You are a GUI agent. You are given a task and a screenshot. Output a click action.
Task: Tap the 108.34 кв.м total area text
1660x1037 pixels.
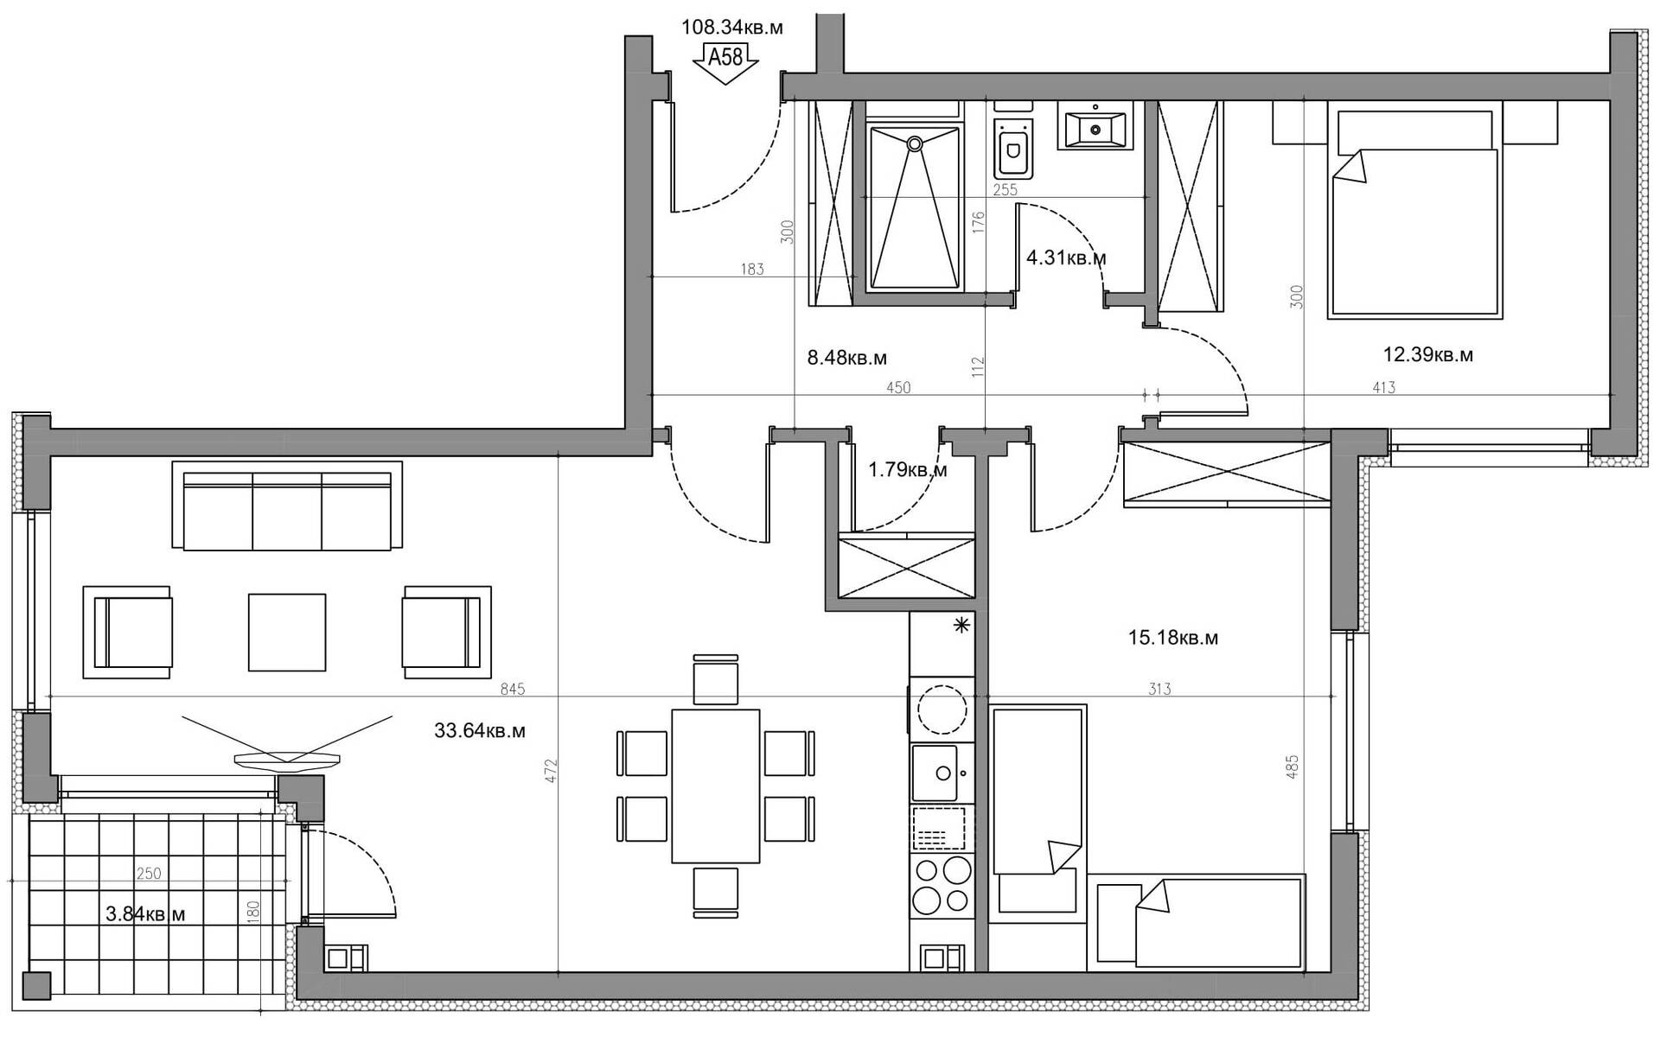[x=732, y=28]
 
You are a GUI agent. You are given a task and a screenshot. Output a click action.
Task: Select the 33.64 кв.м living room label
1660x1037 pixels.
[x=480, y=731]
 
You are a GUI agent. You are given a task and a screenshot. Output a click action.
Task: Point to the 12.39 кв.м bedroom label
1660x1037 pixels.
[x=1427, y=354]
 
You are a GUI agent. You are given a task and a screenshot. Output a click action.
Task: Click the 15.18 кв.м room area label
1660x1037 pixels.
[x=1173, y=638]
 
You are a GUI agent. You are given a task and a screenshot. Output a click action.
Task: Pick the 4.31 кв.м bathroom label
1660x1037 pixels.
[x=1066, y=258]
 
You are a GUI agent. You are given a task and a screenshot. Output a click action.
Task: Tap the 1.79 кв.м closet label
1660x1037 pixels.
[x=908, y=470]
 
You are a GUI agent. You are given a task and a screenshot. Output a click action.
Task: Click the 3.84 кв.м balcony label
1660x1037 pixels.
[x=145, y=913]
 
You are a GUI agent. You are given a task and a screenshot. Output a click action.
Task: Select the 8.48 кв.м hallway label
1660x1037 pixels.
[x=847, y=358]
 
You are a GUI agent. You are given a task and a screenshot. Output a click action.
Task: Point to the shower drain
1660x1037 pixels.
[x=914, y=146]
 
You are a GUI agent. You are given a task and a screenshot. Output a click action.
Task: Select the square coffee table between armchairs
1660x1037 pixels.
[x=287, y=632]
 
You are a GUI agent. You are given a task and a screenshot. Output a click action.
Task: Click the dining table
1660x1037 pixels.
[x=716, y=786]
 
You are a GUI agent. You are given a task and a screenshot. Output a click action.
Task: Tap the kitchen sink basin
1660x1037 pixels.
[x=935, y=773]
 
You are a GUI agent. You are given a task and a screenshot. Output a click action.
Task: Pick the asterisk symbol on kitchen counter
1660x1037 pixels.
[x=961, y=627]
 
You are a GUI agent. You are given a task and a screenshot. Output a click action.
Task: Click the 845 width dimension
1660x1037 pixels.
[x=513, y=690]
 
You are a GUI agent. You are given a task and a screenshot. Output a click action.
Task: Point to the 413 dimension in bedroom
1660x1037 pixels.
[x=1383, y=388]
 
